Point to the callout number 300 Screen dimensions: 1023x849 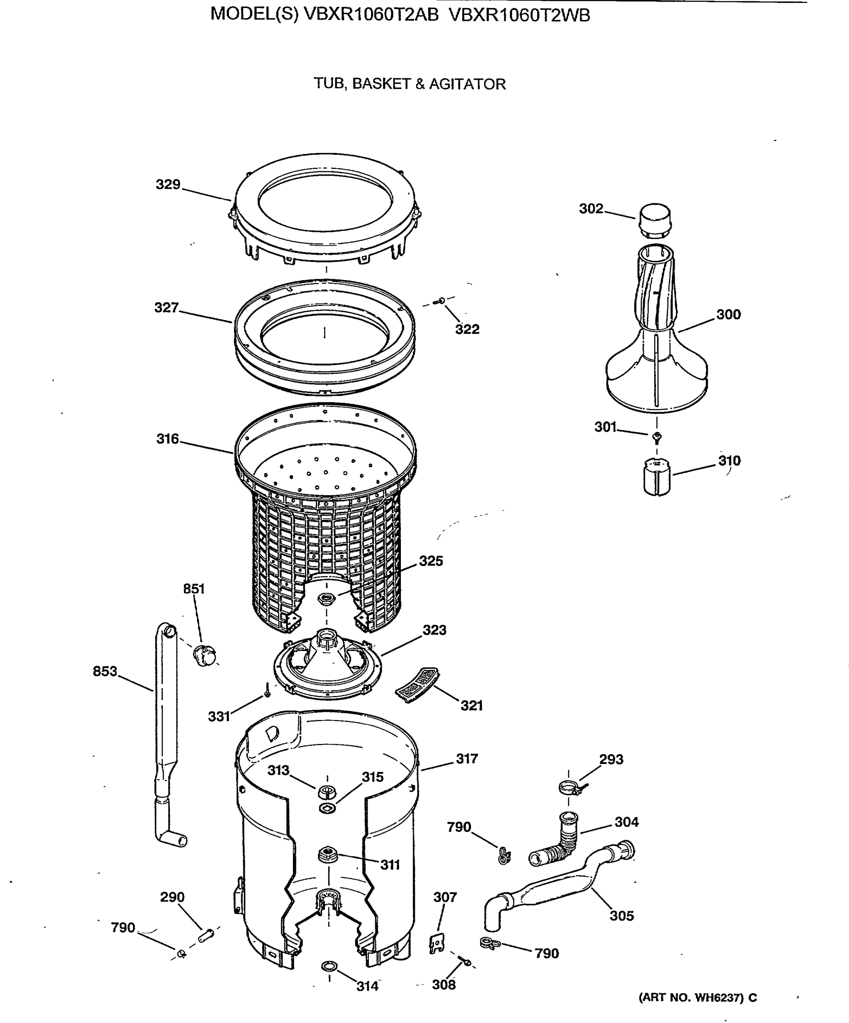[728, 315]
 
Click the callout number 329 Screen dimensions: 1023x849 [168, 185]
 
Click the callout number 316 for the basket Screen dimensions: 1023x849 [167, 439]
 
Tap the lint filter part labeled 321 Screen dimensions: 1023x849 [416, 685]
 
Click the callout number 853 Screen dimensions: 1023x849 [105, 671]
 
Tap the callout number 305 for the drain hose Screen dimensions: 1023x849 [621, 916]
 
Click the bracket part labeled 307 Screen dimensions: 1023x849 [437, 943]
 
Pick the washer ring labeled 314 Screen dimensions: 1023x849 [330, 965]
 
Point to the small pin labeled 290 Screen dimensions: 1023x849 [206, 935]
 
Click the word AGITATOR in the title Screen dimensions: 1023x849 [467, 84]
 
